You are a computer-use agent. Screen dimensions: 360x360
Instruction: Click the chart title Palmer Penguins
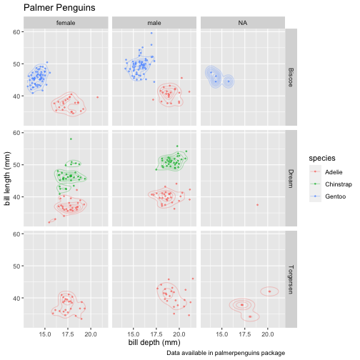pyautogui.click(x=59, y=8)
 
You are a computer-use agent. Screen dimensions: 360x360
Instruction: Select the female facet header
pyautogui.click(x=66, y=23)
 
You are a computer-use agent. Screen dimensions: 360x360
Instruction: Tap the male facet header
pyautogui.click(x=154, y=23)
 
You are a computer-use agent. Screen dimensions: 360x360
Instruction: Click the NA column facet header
pyautogui.click(x=243, y=23)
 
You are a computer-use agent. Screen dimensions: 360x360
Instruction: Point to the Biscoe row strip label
pyautogui.click(x=291, y=77)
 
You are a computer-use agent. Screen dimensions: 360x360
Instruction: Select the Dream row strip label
pyautogui.click(x=291, y=179)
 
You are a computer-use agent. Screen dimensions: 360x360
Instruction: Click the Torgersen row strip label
pyautogui.click(x=291, y=279)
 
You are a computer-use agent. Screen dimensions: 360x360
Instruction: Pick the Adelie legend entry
pyautogui.click(x=334, y=172)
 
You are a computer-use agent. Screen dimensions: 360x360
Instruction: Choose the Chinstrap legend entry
pyautogui.click(x=339, y=184)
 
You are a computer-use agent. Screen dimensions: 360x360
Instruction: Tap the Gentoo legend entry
pyautogui.click(x=335, y=196)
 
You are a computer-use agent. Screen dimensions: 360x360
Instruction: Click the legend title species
pyautogui.click(x=322, y=159)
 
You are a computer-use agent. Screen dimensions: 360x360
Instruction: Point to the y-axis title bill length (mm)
pyautogui.click(x=7, y=179)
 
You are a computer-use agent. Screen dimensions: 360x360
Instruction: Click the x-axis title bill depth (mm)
pyautogui.click(x=154, y=342)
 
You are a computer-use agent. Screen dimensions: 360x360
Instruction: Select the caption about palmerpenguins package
pyautogui.click(x=226, y=353)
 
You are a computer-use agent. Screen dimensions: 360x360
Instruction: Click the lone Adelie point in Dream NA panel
pyautogui.click(x=257, y=205)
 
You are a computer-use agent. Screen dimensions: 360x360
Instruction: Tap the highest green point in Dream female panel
pyautogui.click(x=71, y=139)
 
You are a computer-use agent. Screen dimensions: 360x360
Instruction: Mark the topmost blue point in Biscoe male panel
pyautogui.click(x=151, y=33)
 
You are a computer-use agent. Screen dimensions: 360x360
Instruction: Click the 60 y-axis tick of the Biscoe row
pyautogui.click(x=16, y=32)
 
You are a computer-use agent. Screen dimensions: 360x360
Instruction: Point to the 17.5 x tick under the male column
pyautogui.click(x=156, y=334)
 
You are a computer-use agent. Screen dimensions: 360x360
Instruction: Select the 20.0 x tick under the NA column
pyautogui.click(x=268, y=334)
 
